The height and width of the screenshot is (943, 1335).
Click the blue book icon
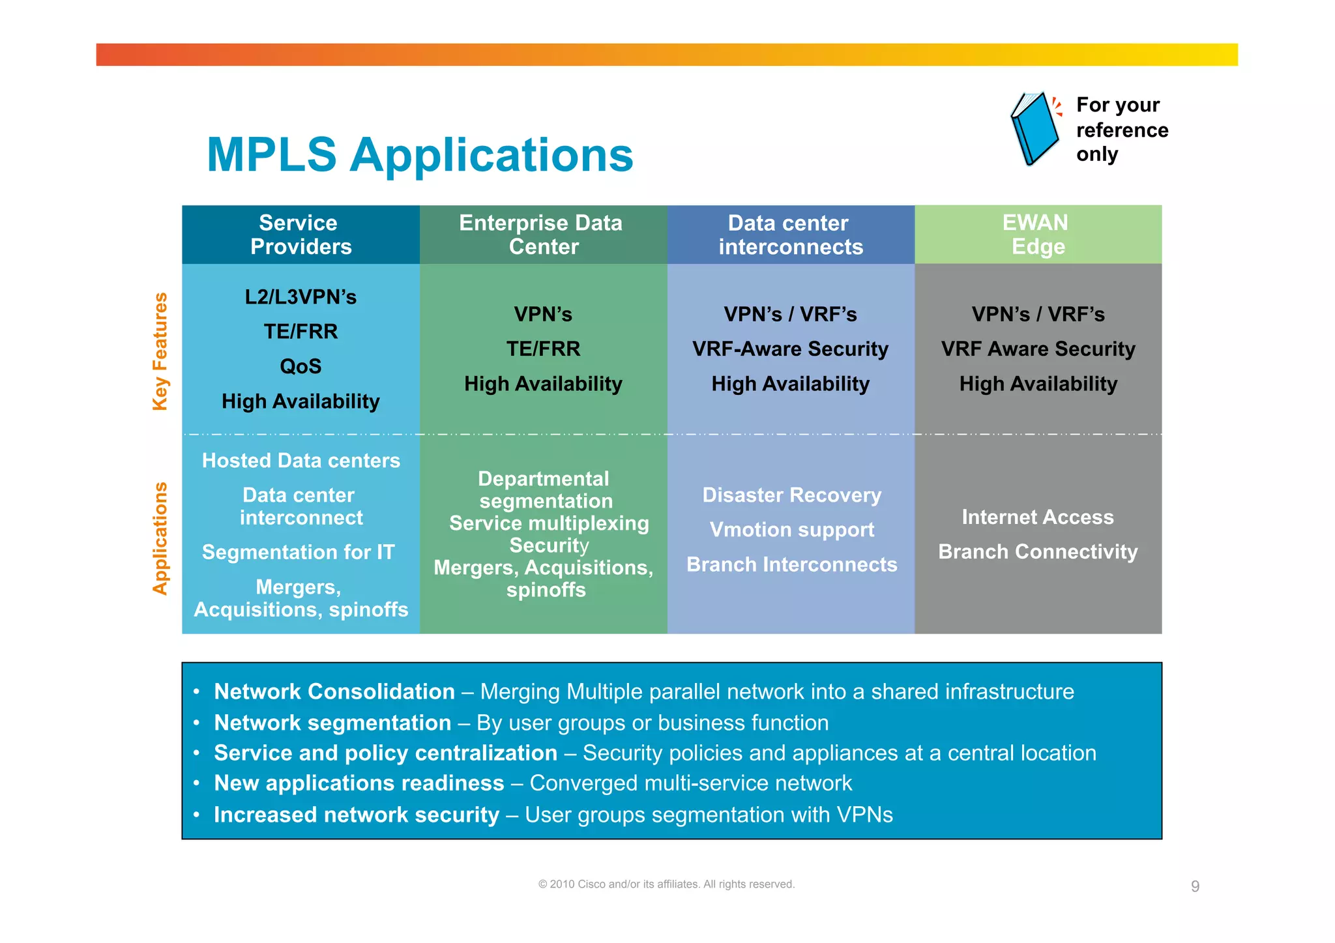coord(1034,129)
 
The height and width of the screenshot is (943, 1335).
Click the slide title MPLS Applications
coord(420,155)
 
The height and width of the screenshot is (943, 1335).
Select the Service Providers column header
coord(301,235)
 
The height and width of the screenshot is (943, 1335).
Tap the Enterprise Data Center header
coord(542,235)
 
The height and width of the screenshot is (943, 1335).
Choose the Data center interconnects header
coord(790,235)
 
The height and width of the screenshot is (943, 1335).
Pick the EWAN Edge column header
coord(1037,235)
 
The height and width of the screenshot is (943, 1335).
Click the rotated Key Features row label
coord(160,351)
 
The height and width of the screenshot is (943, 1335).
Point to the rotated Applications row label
coord(160,538)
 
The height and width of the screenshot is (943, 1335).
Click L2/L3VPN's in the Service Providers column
coord(301,297)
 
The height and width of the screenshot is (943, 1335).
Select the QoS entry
coord(301,366)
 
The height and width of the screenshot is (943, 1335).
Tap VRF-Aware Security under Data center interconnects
coord(790,349)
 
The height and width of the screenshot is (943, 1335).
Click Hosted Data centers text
coord(301,461)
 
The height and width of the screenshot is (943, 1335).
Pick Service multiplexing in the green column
coord(549,523)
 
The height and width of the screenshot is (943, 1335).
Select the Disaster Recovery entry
coord(791,495)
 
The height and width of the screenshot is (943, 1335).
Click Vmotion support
coord(791,530)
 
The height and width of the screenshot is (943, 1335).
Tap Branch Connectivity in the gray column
coord(1037,552)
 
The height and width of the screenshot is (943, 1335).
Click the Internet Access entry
coord(1037,517)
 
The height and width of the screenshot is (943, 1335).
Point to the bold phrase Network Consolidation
coord(334,691)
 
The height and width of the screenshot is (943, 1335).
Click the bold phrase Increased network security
coord(356,815)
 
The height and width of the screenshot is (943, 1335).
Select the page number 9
coord(1195,886)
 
